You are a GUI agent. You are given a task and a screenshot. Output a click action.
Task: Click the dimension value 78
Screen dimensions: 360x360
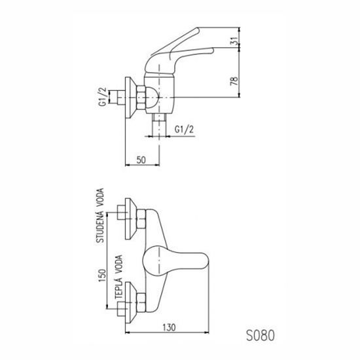(x=234, y=81)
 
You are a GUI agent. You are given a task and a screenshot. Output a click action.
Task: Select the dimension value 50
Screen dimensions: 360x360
(x=141, y=160)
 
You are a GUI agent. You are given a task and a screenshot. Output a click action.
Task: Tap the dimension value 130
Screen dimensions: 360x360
(x=169, y=327)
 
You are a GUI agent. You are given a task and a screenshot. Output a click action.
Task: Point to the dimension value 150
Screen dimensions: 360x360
(x=102, y=276)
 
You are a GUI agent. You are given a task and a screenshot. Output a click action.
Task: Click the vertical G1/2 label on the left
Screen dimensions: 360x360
(x=103, y=97)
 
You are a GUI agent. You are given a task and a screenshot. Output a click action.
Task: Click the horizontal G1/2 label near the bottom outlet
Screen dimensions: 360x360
(x=184, y=130)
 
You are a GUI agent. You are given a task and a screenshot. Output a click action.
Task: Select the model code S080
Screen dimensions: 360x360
(x=261, y=336)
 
